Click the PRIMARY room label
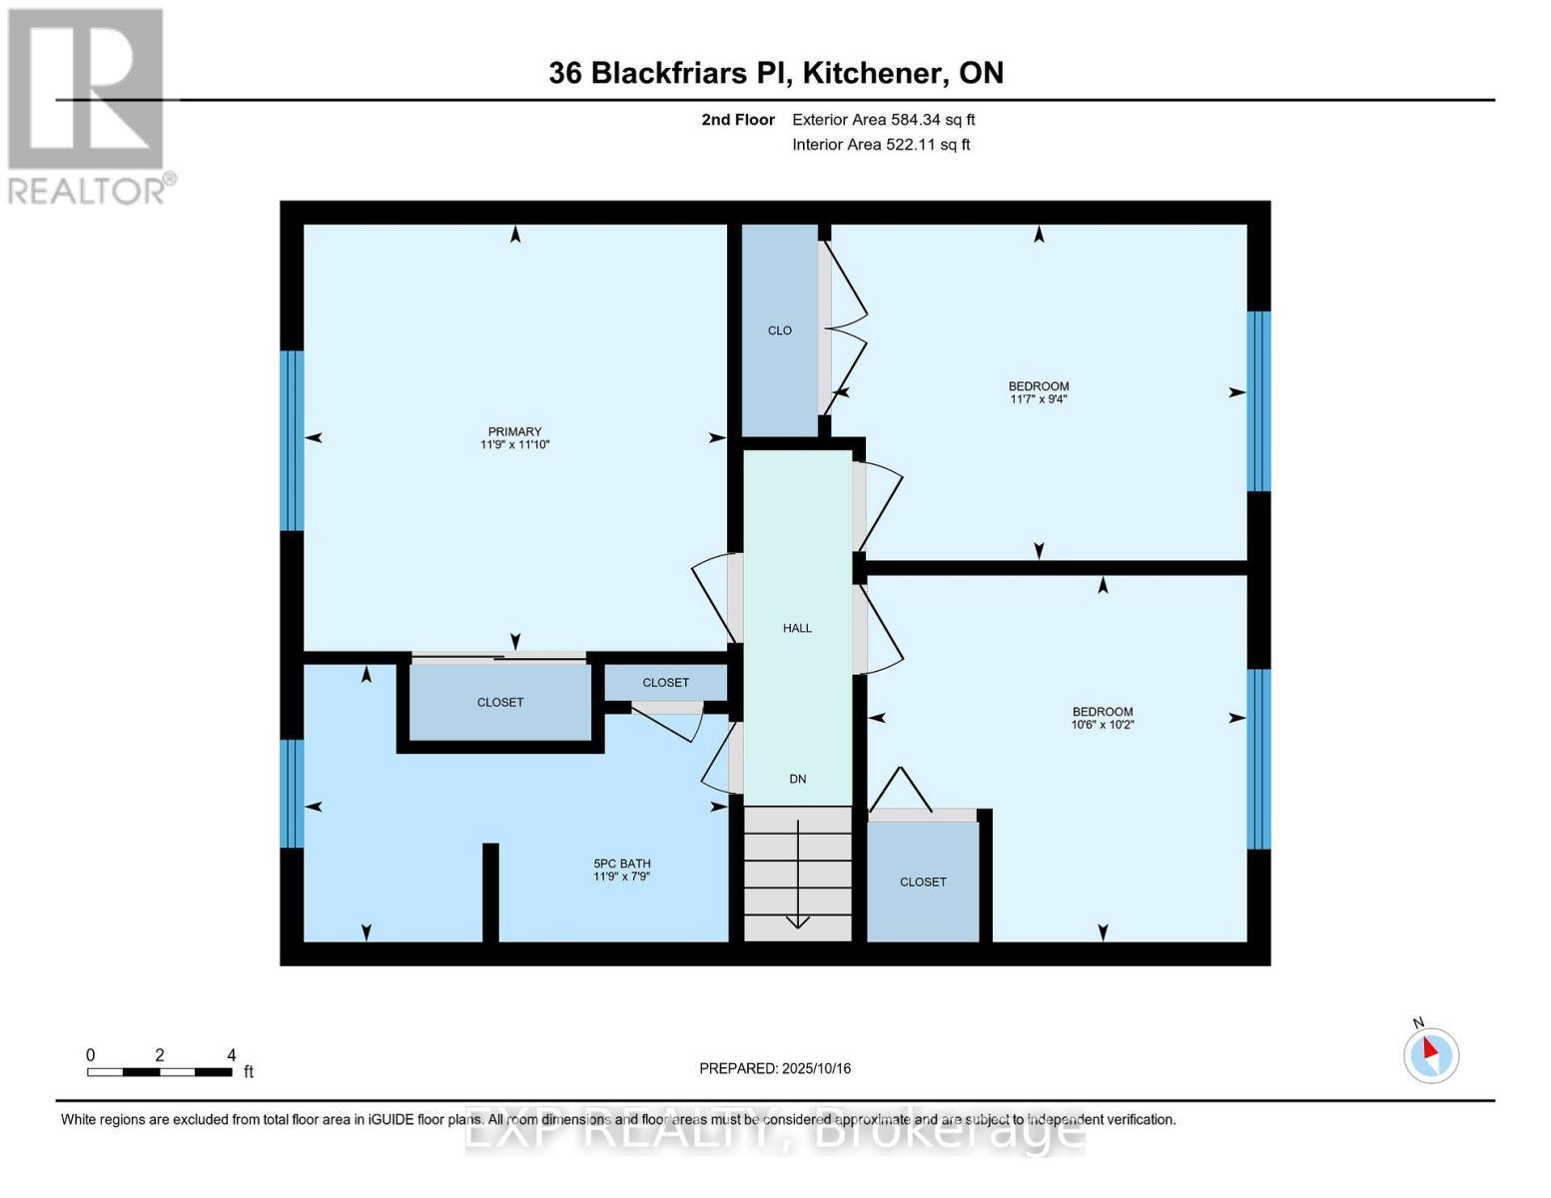coord(514,431)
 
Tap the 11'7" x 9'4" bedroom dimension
coord(1039,399)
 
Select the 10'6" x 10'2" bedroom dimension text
coord(1103,725)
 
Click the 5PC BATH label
coord(621,864)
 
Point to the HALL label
coord(797,628)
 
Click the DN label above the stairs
coord(797,779)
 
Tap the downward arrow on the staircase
coord(797,898)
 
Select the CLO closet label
coord(779,330)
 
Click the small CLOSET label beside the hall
coord(665,683)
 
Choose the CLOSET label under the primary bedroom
coord(499,703)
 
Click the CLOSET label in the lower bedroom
coord(923,883)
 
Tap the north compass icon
coord(1430,1054)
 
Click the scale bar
coord(160,1072)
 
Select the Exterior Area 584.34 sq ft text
coord(883,120)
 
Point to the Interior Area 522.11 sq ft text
coord(881,145)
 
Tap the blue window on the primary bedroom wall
coord(292,440)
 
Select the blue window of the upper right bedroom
coord(1258,401)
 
